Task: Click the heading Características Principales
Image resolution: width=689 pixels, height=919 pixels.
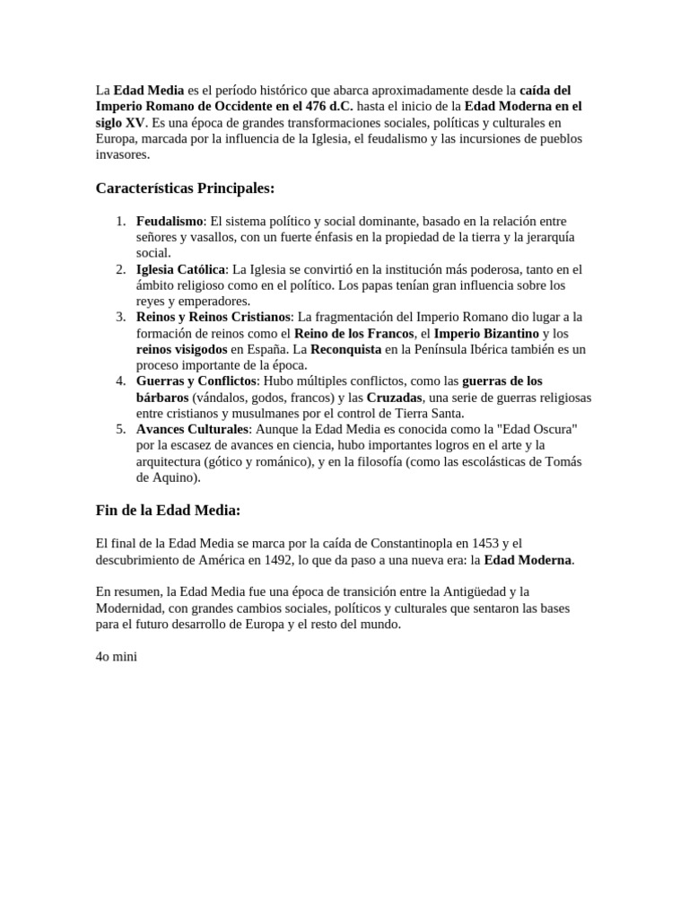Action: click(185, 188)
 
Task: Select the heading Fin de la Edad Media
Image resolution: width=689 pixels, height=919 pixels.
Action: click(169, 510)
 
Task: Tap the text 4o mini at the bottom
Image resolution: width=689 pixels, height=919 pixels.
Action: click(116, 656)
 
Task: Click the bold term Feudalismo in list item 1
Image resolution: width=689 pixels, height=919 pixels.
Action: click(170, 221)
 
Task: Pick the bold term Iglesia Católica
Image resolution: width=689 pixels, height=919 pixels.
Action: click(180, 269)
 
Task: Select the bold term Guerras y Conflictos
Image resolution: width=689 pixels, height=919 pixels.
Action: click(196, 381)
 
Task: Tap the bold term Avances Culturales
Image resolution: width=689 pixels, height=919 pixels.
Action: click(191, 430)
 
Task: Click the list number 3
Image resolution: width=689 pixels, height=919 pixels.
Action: click(120, 318)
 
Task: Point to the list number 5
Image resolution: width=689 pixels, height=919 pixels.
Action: click(120, 430)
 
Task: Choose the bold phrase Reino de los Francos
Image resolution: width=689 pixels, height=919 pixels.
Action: click(354, 334)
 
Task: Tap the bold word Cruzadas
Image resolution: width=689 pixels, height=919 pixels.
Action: click(395, 398)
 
